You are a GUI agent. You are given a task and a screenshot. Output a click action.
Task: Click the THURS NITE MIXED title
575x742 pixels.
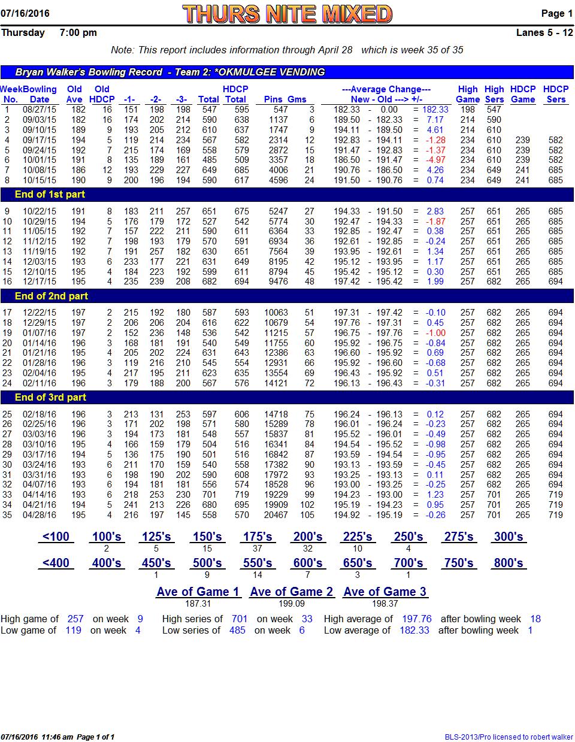click(x=287, y=14)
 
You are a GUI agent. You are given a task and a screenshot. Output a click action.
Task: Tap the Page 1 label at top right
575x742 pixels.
click(x=556, y=13)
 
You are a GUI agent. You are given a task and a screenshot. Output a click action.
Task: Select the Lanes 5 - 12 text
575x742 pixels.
click(x=544, y=33)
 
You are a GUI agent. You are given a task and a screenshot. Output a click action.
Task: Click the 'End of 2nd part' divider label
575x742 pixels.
click(x=52, y=296)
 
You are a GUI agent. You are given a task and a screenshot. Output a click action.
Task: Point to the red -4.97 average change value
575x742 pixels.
click(x=435, y=160)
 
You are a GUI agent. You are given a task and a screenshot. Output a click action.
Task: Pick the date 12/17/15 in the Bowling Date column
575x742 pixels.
click(x=40, y=281)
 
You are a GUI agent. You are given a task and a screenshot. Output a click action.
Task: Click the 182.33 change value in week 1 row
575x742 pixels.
click(x=435, y=110)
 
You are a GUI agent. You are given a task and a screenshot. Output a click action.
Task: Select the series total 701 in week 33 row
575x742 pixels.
click(x=209, y=495)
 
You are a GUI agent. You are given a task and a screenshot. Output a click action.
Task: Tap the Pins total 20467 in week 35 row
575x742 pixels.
click(x=276, y=515)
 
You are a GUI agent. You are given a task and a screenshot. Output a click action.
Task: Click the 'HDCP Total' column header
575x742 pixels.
click(x=235, y=94)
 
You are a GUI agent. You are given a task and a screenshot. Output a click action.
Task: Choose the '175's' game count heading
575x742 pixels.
click(x=258, y=537)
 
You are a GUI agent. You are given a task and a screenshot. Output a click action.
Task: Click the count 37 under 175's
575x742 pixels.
click(x=258, y=549)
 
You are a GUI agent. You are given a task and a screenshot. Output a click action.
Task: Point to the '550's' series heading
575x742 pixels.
click(x=258, y=563)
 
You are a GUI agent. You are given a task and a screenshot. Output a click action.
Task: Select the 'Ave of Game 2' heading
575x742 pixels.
click(x=291, y=592)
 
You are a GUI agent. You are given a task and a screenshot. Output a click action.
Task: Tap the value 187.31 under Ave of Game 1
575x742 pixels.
click(x=198, y=604)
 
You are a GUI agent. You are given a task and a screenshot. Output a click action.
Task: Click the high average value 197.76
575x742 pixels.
click(x=416, y=619)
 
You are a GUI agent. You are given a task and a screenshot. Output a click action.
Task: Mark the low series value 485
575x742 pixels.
click(x=237, y=631)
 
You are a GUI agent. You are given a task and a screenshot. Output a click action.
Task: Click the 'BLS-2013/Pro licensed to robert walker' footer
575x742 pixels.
click(x=509, y=737)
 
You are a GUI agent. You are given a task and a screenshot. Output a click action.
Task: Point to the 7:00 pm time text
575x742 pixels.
click(x=78, y=33)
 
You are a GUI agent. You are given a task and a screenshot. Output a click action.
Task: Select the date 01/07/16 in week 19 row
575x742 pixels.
click(x=40, y=333)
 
